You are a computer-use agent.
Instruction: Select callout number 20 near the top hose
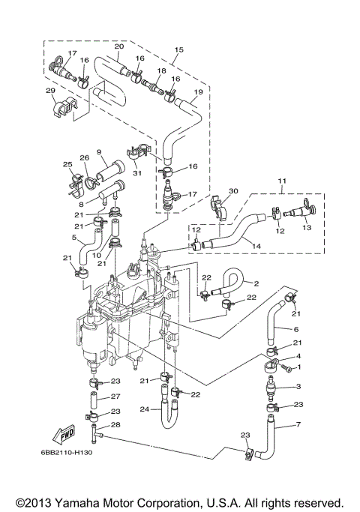pos(118,46)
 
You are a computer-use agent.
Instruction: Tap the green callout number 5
pos(74,238)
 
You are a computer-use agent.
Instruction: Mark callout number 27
pos(116,397)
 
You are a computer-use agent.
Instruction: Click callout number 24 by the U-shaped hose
pos(144,409)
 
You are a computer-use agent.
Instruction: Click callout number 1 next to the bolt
pos(298,367)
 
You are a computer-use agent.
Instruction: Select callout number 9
pos(97,152)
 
